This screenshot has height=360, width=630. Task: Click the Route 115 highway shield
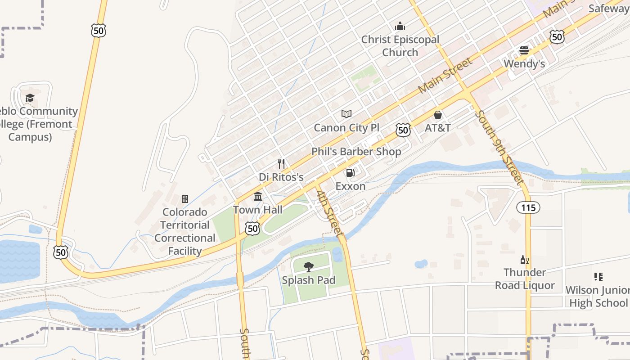(528, 207)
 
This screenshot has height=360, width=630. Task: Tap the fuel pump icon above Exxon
(350, 173)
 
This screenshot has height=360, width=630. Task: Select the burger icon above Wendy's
(524, 50)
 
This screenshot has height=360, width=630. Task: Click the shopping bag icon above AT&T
(438, 115)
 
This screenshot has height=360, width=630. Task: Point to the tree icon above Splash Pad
(309, 267)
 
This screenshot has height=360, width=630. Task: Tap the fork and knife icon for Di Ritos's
(281, 164)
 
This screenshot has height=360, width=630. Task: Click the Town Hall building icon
(258, 197)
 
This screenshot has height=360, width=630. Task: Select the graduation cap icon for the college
(30, 98)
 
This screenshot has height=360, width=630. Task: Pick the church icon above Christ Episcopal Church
(400, 27)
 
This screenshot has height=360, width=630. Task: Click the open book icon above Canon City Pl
(346, 114)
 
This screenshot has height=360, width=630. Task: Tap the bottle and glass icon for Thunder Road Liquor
(524, 260)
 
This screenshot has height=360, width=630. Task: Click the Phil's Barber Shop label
(356, 152)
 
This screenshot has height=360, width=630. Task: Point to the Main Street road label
(445, 75)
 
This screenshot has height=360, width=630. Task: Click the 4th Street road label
(330, 214)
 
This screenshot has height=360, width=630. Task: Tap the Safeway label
(609, 8)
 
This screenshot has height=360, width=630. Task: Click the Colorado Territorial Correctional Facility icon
(184, 199)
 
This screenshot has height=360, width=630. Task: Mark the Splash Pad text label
(309, 280)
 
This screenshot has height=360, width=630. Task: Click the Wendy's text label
(524, 64)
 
